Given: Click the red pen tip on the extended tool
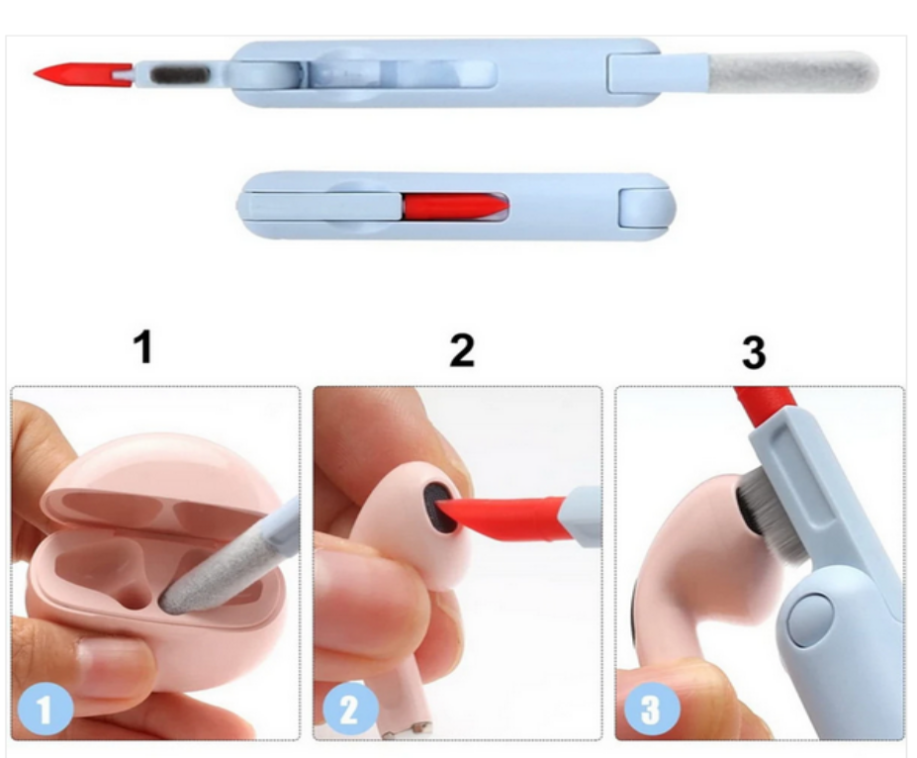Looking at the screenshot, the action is click(x=82, y=74).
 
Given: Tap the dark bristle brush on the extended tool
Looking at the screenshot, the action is click(x=181, y=75).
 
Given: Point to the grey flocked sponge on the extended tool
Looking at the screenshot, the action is click(x=793, y=72).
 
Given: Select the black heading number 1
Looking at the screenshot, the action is click(x=143, y=346).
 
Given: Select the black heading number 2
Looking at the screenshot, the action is click(x=461, y=350).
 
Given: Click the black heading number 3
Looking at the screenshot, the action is click(x=754, y=352).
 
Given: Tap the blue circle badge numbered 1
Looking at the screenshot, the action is click(x=46, y=710).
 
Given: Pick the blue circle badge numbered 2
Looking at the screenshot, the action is click(x=350, y=710).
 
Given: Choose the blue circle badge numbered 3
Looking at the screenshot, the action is click(x=652, y=710).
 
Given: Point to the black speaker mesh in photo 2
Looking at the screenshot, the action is click(x=441, y=507).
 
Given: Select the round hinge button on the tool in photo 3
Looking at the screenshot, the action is click(x=810, y=618).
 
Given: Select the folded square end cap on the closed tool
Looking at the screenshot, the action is click(x=644, y=208).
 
